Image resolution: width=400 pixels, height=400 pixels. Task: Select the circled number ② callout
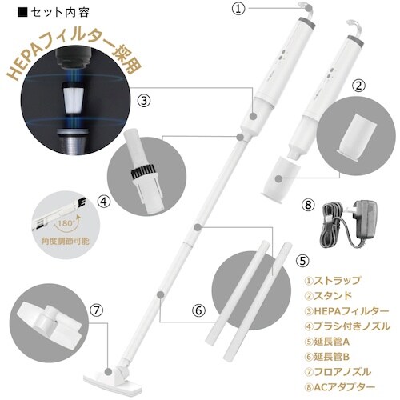[359, 84]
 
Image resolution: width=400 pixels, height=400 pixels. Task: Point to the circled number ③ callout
[144, 100]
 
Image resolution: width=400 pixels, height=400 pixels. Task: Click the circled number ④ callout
[102, 201]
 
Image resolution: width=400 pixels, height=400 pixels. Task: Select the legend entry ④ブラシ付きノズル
[347, 326]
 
